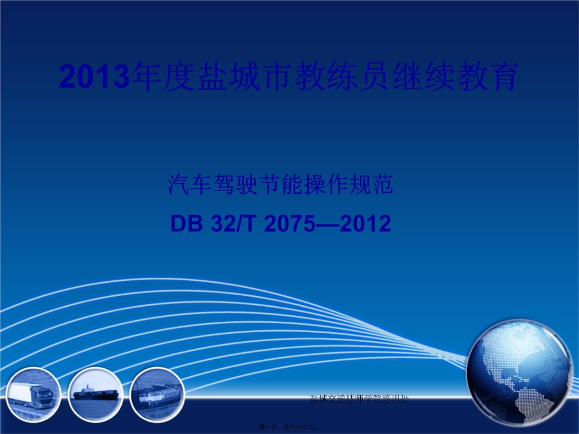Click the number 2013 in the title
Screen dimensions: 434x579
[x=94, y=77]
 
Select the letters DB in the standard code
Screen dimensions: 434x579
[x=186, y=224]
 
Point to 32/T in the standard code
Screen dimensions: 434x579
[x=231, y=224]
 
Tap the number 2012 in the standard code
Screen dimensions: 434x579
[x=365, y=224]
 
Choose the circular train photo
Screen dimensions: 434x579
[x=157, y=395]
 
